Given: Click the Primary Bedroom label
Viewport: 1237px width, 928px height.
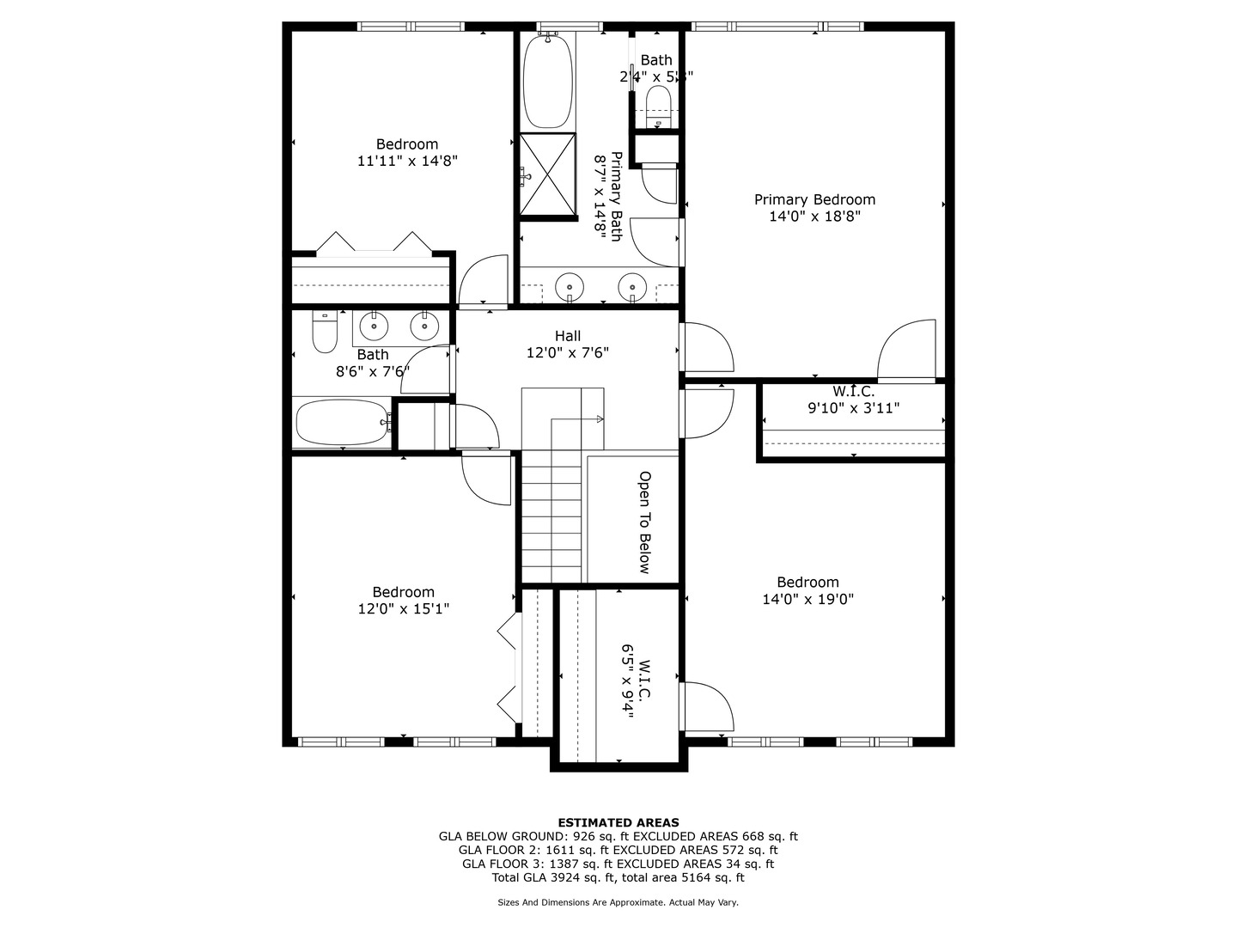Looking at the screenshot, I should click(814, 199).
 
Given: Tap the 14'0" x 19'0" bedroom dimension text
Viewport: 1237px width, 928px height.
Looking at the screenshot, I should click(807, 600).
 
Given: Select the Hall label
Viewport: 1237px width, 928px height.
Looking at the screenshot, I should click(567, 336).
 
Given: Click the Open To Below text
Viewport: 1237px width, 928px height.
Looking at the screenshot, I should click(644, 522).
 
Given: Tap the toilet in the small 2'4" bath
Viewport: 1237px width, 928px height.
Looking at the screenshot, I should click(658, 108).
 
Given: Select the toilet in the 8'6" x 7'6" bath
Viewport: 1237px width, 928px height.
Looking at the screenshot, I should click(324, 333).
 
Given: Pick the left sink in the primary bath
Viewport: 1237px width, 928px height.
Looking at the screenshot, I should click(569, 284).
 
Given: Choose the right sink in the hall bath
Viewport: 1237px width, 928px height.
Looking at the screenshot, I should click(424, 326).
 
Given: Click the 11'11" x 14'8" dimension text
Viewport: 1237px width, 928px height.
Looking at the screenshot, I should click(407, 161).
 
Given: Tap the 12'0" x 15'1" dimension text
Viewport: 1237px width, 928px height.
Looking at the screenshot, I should click(404, 608).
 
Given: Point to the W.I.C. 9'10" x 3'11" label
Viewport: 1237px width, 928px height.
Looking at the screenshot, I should click(853, 400).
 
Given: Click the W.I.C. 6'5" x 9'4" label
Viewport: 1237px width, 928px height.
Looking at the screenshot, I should click(637, 679).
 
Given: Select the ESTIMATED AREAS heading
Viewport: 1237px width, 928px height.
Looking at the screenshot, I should click(618, 822).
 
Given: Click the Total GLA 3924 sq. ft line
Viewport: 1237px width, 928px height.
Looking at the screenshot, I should click(618, 877).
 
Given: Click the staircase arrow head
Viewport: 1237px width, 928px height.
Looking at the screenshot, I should click(600, 418).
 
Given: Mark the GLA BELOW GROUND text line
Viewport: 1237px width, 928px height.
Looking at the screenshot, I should click(618, 836).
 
